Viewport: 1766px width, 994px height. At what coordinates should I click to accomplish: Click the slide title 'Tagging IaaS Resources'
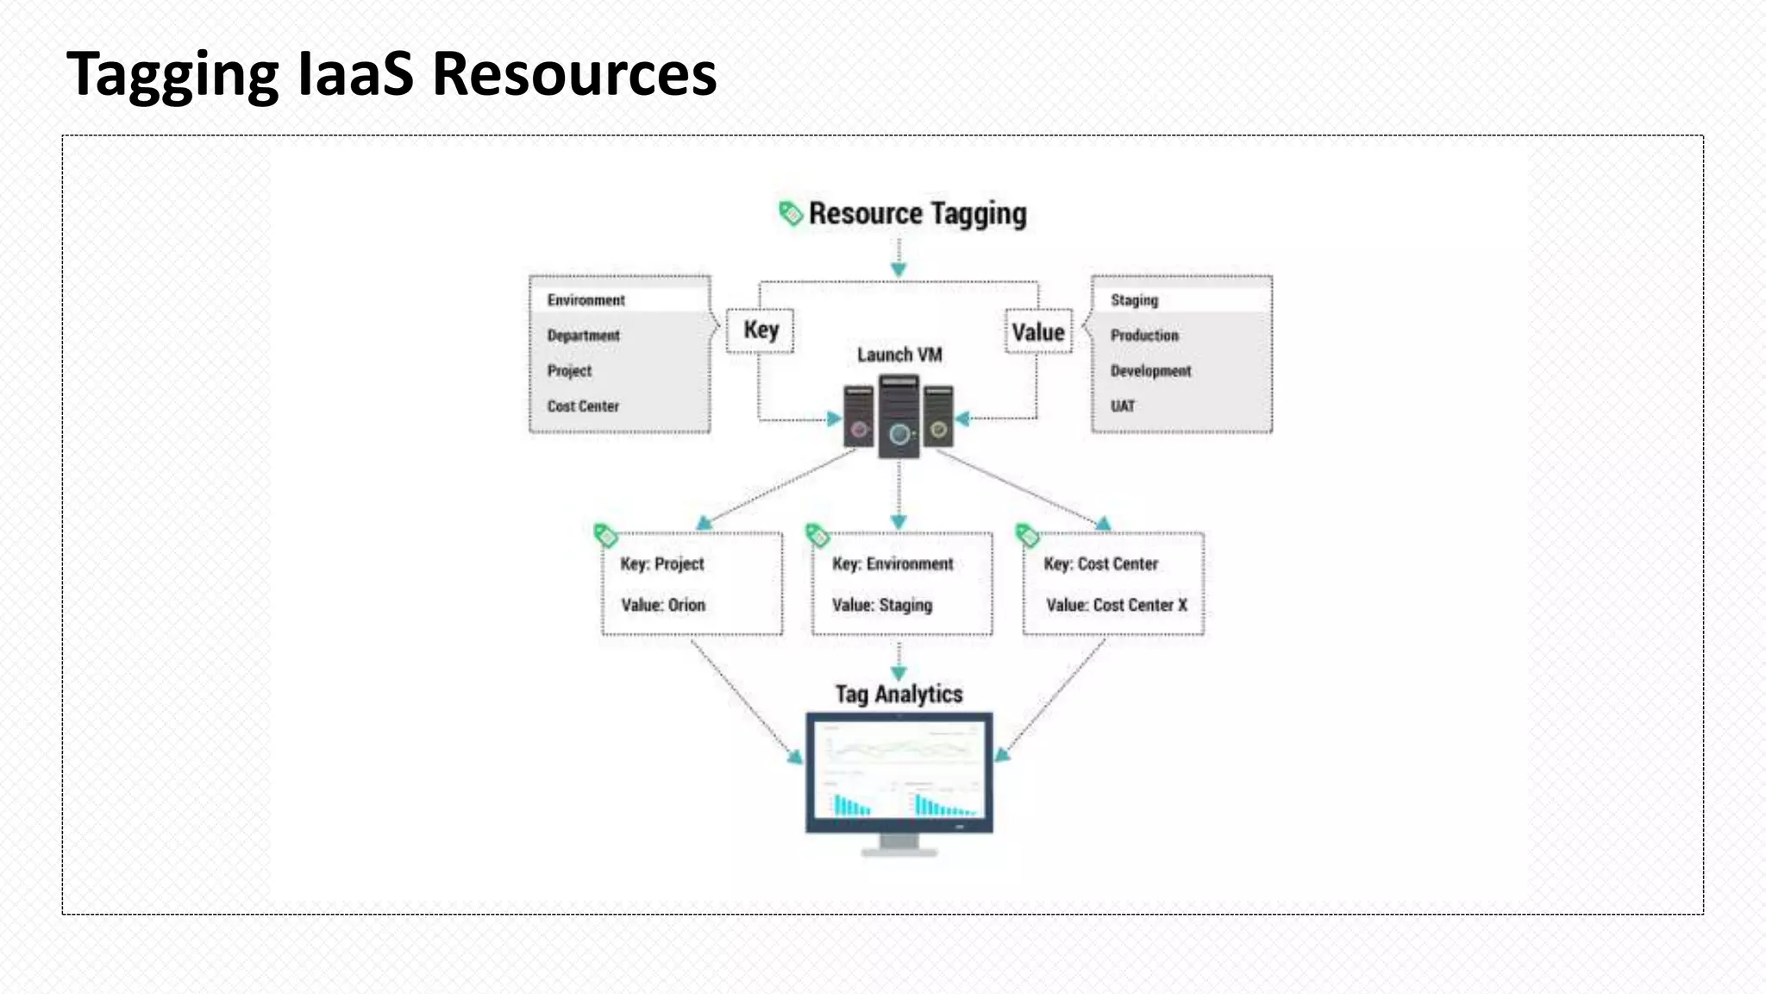pyautogui.click(x=391, y=74)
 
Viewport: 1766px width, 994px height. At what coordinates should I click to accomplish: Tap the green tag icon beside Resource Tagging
pyautogui.click(x=790, y=212)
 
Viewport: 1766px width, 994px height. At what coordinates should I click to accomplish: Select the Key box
pyautogui.click(x=761, y=330)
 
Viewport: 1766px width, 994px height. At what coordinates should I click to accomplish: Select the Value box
pyautogui.click(x=1038, y=332)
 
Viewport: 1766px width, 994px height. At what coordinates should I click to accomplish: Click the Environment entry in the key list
pyautogui.click(x=586, y=300)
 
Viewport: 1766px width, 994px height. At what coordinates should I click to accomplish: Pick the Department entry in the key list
pyautogui.click(x=584, y=336)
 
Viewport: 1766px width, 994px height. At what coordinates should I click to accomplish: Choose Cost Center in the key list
pyautogui.click(x=583, y=406)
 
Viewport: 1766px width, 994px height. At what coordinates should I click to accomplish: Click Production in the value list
pyautogui.click(x=1144, y=336)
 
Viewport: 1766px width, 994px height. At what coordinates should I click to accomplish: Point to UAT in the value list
pyautogui.click(x=1123, y=406)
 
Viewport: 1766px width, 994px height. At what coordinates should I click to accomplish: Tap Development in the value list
pyautogui.click(x=1150, y=371)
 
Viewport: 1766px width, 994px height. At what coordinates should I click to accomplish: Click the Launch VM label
pyautogui.click(x=899, y=355)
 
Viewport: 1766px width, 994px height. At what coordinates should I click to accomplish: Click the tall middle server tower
pyautogui.click(x=899, y=417)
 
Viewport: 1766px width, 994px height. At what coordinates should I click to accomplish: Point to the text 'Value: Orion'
pyautogui.click(x=663, y=606)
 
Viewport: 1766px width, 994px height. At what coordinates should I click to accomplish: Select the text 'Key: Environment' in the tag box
pyautogui.click(x=892, y=564)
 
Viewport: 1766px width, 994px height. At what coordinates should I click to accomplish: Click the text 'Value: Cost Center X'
pyautogui.click(x=1117, y=606)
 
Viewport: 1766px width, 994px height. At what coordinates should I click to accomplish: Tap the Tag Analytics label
pyautogui.click(x=899, y=695)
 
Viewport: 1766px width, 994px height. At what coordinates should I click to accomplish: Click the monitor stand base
pyautogui.click(x=899, y=852)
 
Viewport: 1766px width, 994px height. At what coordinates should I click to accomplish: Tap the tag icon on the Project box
pyautogui.click(x=605, y=535)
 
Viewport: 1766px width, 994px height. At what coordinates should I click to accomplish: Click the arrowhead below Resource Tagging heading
pyautogui.click(x=899, y=269)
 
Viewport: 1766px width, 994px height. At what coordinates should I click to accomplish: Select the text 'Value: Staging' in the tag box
pyautogui.click(x=882, y=606)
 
